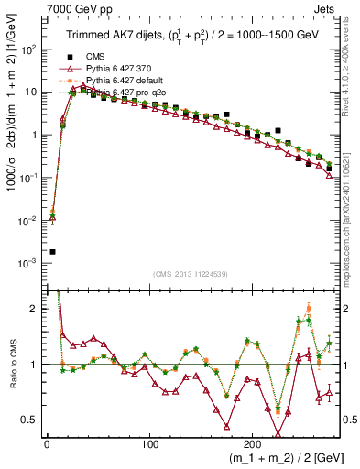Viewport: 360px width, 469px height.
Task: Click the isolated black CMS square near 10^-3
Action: click(x=52, y=252)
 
